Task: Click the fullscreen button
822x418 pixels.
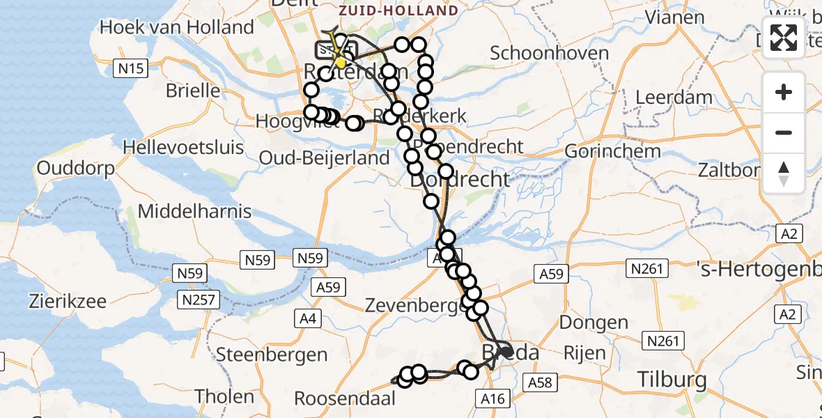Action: (x=784, y=38)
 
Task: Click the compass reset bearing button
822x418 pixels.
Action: (x=784, y=173)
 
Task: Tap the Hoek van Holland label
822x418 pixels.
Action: (x=177, y=28)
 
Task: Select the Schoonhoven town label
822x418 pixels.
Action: (x=549, y=53)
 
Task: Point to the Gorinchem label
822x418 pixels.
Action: (x=612, y=151)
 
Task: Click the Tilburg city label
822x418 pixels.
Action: (x=672, y=380)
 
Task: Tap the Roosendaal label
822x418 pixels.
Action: (x=345, y=398)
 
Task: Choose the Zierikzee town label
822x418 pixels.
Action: (x=68, y=302)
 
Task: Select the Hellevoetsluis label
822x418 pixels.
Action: (x=183, y=148)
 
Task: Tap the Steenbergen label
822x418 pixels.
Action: (x=272, y=354)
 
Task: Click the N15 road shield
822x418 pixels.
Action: (x=130, y=68)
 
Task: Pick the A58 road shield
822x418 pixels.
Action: (x=540, y=382)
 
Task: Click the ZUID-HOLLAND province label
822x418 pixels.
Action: (x=398, y=10)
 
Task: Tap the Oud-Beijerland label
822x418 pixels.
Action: (x=324, y=158)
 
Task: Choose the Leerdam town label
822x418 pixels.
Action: (x=674, y=97)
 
